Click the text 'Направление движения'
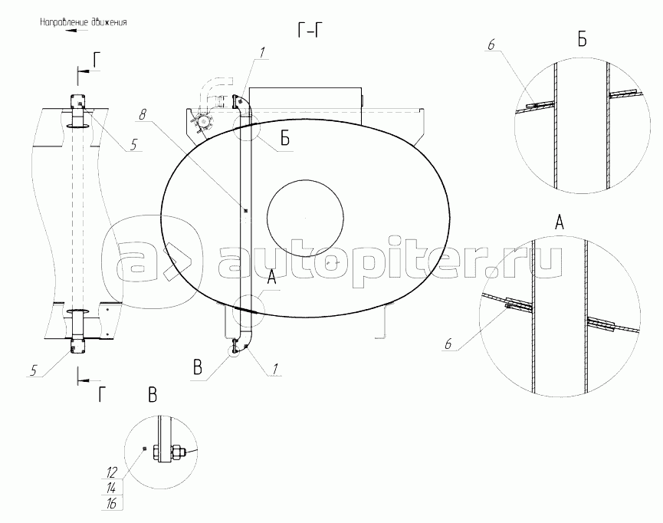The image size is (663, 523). point(84,22)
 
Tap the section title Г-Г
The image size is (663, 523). point(310,31)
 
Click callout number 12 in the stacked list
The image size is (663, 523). point(111,472)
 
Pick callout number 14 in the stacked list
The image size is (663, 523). point(111,488)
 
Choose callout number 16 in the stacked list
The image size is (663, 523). point(111,504)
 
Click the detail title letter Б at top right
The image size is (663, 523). point(583,39)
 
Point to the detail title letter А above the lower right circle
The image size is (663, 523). point(559,222)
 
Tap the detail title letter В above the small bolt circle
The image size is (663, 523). point(153,395)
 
